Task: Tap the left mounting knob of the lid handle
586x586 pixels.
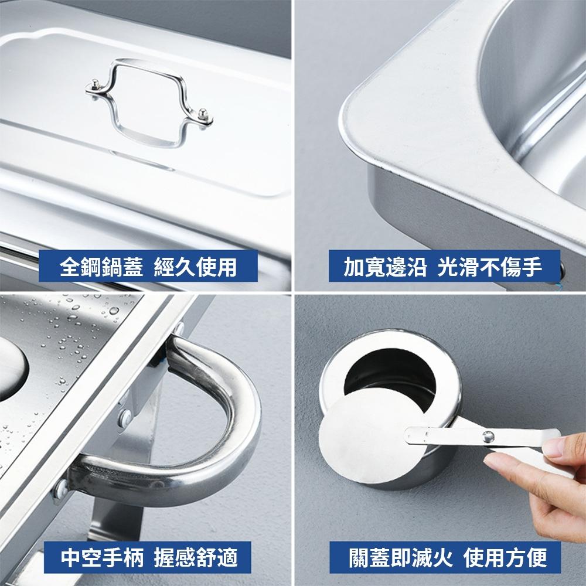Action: click(94, 88)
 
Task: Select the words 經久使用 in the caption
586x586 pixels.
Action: click(196, 267)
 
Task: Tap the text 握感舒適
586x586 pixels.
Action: click(196, 557)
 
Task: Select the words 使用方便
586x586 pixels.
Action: click(505, 557)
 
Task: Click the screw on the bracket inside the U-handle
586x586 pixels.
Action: click(124, 417)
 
